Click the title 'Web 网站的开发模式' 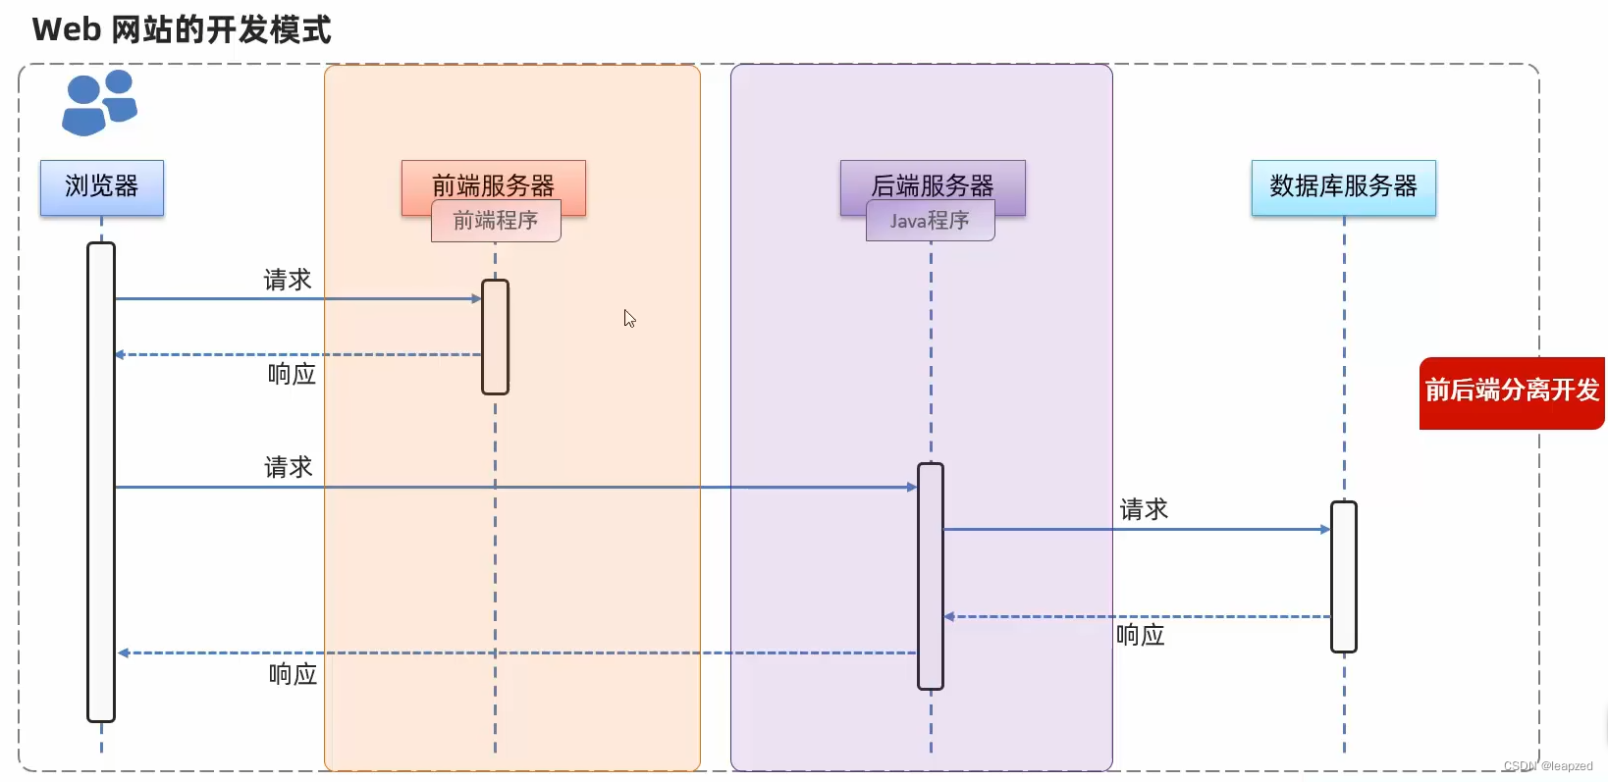[182, 29]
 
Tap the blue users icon [99, 102]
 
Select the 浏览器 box [102, 186]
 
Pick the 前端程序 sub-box [496, 222]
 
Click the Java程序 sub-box [930, 222]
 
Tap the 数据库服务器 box [1343, 186]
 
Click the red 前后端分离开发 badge [1512, 391]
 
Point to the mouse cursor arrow [629, 318]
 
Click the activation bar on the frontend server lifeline [495, 337]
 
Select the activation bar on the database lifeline [1344, 576]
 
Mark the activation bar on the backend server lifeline [931, 576]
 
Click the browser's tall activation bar [101, 481]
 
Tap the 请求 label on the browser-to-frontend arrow [288, 281]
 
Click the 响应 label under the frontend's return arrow [292, 374]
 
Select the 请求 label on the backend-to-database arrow [1144, 509]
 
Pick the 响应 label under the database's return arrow [1141, 635]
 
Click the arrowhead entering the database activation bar [1325, 529]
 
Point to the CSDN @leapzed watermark [1548, 766]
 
